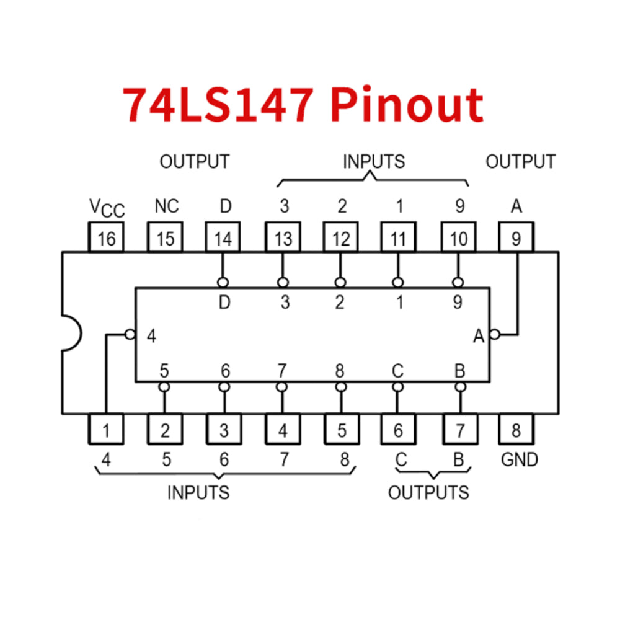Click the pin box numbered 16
tap(106, 238)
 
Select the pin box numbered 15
tap(164, 238)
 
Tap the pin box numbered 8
tap(516, 429)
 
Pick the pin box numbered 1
tap(106, 429)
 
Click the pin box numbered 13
tap(283, 238)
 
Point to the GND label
tap(520, 460)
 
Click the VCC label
tap(107, 208)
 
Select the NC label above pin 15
tap(166, 206)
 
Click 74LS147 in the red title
tap(217, 104)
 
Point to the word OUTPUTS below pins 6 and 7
tap(428, 493)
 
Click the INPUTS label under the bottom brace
tap(198, 493)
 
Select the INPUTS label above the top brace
tap(374, 162)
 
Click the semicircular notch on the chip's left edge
tap(71, 334)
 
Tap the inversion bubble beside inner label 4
tap(130, 335)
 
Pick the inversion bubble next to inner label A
tap(494, 335)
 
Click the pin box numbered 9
tap(516, 238)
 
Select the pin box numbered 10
tap(459, 238)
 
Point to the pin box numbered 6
tap(398, 429)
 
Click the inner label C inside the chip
tap(397, 371)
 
